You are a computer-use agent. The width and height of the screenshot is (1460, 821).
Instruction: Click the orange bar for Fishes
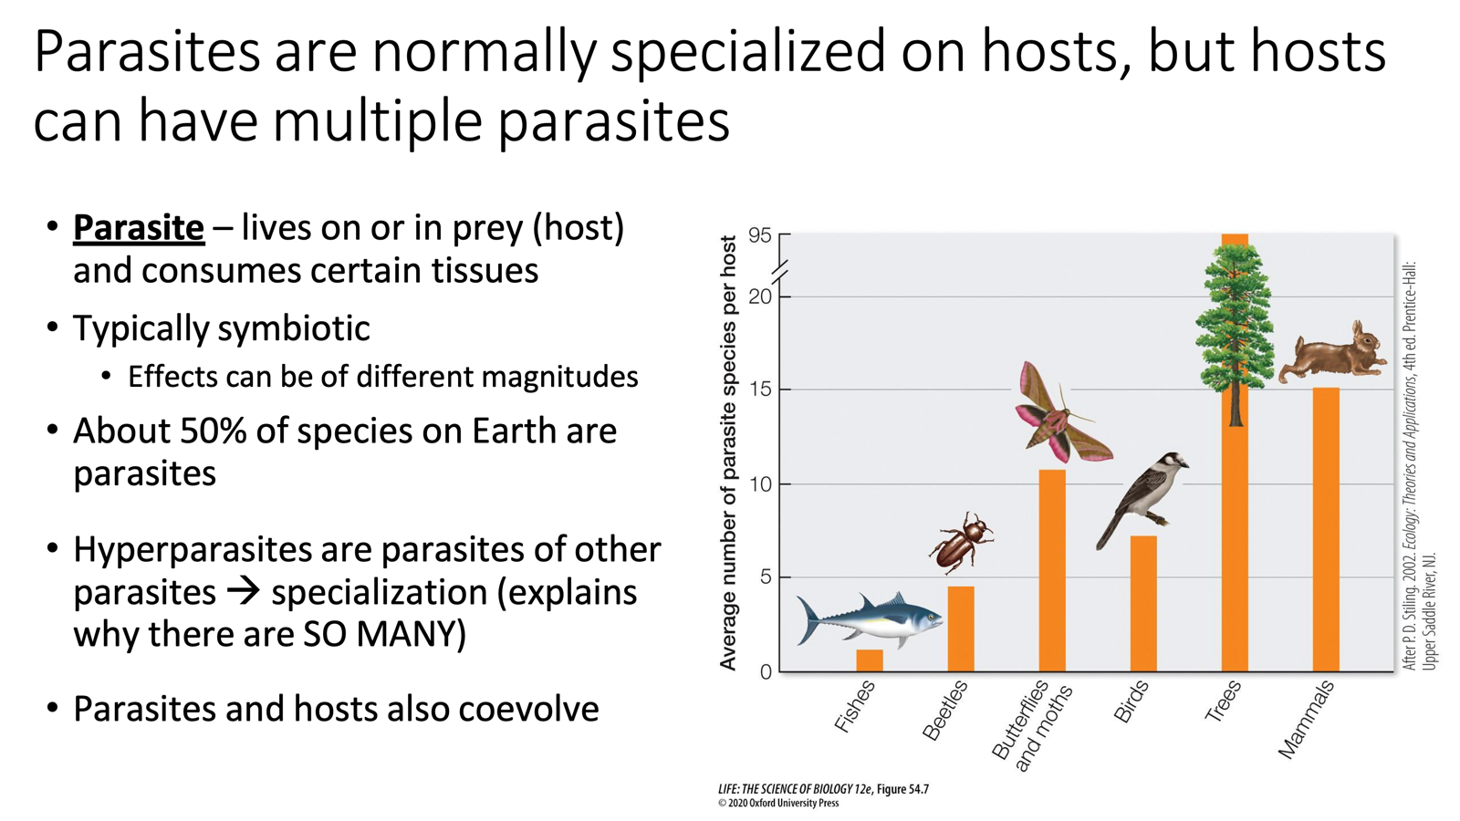coord(870,660)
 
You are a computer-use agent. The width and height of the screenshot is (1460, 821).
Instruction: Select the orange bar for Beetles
coord(961,629)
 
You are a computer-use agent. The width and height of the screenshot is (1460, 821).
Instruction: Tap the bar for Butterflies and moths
coord(1052,570)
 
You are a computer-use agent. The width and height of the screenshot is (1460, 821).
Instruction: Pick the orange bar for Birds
coord(1143,603)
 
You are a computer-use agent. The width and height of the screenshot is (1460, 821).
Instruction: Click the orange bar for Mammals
coord(1326,529)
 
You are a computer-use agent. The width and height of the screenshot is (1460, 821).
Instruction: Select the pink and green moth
coord(1058,415)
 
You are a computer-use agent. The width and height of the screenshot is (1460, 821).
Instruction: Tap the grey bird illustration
coord(1144,497)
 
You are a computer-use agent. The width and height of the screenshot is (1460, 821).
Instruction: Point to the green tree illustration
coord(1235,319)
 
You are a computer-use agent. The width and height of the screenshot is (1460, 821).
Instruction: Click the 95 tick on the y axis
coord(759,235)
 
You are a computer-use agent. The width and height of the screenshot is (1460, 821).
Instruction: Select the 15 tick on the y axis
coord(759,390)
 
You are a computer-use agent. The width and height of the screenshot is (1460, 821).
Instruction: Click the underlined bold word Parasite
coord(139,228)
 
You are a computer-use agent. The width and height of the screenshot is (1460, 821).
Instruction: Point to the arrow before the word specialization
coord(243,591)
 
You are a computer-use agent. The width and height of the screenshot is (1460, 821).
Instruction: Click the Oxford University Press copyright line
coord(778,804)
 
